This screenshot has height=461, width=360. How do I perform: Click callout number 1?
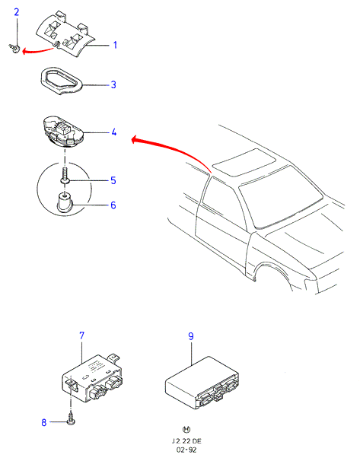click(115, 45)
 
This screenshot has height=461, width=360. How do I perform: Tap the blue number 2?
click(17, 12)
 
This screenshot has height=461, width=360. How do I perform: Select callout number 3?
click(113, 84)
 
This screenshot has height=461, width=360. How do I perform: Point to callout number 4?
click(114, 132)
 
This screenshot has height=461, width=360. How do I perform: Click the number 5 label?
click(113, 180)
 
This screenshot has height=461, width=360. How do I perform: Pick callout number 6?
click(113, 205)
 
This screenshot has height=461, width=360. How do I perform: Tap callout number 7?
click(81, 335)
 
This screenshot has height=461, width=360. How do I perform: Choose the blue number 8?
click(44, 422)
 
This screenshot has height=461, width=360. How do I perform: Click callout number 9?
click(191, 336)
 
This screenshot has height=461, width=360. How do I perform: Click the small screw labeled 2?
click(14, 48)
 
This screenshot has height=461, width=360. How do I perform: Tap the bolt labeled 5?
click(65, 176)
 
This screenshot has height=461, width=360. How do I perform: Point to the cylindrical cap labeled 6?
click(65, 202)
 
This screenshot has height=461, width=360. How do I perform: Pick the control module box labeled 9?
click(202, 381)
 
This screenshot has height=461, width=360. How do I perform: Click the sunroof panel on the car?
click(244, 162)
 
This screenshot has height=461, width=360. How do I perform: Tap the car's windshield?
click(281, 197)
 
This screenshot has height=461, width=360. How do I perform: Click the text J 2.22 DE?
click(186, 441)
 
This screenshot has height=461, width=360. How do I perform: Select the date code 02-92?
click(186, 450)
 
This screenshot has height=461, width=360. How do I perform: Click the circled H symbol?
click(186, 430)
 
